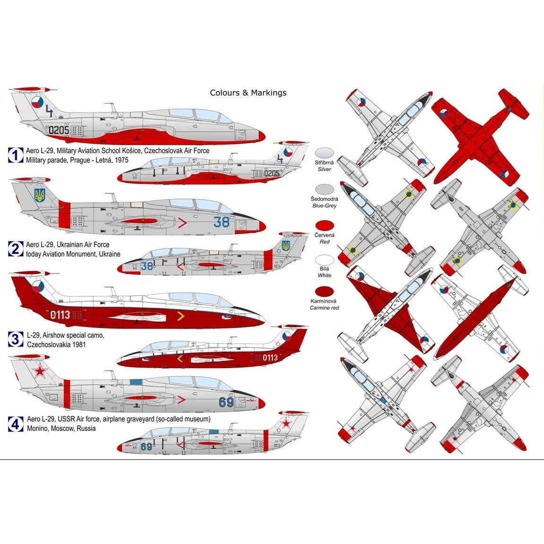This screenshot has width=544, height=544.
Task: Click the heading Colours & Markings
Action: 248,93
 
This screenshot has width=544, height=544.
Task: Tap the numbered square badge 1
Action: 16,155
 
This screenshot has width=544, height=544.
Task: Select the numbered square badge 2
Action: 16,249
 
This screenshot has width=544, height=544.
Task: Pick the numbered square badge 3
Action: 16,339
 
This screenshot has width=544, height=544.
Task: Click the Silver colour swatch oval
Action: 324,153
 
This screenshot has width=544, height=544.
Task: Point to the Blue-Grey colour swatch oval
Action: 324,190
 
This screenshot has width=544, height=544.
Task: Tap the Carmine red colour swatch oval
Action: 324,292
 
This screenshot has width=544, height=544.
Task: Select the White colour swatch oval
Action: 324,259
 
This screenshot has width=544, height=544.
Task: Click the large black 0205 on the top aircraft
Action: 59,130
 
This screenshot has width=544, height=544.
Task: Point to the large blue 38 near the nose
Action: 221,222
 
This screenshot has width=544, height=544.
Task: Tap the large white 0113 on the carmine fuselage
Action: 60,315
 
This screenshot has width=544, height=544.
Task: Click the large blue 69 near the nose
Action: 226,402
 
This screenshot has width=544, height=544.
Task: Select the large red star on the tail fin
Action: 40,371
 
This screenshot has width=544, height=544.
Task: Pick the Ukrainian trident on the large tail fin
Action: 40,195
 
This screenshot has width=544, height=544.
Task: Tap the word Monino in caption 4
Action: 38,429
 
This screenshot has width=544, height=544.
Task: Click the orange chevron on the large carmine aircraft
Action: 181,316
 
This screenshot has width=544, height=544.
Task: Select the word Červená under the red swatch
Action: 324,235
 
